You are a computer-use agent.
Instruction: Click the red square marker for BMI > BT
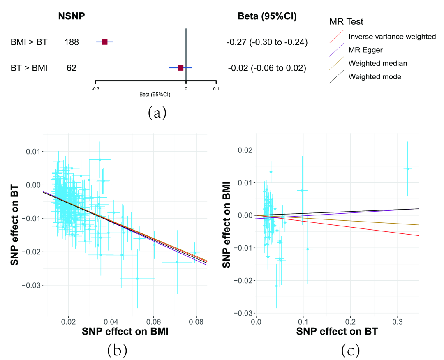(104, 42)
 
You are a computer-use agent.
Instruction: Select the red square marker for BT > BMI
(180, 68)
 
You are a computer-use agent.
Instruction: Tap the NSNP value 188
(72, 42)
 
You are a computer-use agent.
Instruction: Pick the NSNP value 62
(72, 68)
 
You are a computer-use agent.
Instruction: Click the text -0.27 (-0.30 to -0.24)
(267, 42)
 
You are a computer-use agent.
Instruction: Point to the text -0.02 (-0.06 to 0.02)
(267, 68)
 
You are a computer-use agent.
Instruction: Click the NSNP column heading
(71, 17)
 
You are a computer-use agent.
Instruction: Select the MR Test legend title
(346, 21)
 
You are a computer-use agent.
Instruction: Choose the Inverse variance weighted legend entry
(392, 37)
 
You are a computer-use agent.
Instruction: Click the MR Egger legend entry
(365, 50)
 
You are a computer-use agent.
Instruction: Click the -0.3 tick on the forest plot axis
(95, 88)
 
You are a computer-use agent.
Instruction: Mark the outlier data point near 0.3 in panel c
(407, 169)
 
